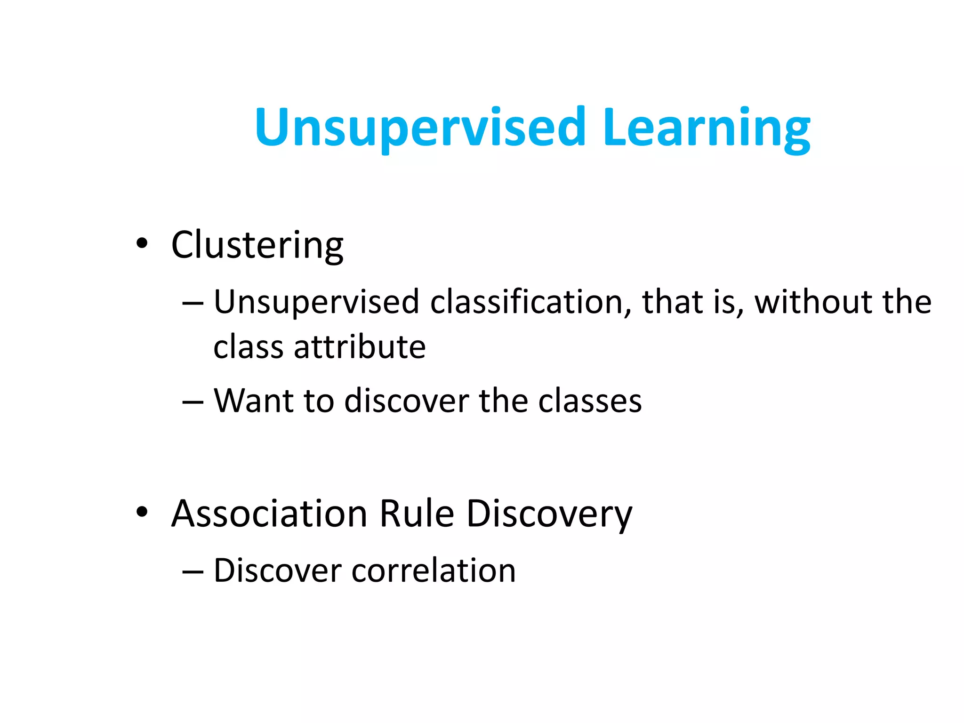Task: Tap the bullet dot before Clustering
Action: pyautogui.click(x=142, y=244)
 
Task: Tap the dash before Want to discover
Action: pyautogui.click(x=193, y=402)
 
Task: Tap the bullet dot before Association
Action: pyautogui.click(x=142, y=512)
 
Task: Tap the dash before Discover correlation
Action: pyautogui.click(x=193, y=571)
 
